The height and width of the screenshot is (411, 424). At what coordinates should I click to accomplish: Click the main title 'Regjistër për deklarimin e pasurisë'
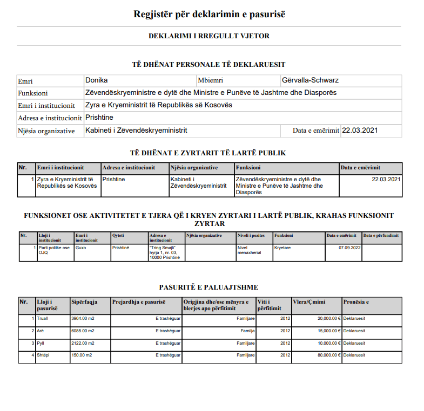[x=209, y=15]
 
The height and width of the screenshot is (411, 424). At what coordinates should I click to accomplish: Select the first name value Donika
[x=97, y=80]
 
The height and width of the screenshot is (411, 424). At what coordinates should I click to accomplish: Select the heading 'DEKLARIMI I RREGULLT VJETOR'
[x=209, y=36]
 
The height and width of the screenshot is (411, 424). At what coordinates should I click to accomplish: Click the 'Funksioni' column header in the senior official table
[x=248, y=168]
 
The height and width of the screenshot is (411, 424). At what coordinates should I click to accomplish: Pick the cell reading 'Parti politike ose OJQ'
[x=54, y=250]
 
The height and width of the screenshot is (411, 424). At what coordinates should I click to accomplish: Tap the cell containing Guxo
[x=82, y=247]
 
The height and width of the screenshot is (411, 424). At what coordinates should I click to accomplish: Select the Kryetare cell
[x=282, y=247]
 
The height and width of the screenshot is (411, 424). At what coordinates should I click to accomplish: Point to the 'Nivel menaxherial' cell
[x=248, y=250]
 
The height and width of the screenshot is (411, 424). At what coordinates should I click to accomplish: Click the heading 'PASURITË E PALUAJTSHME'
[x=208, y=287]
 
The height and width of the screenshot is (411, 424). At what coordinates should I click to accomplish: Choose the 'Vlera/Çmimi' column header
[x=308, y=302]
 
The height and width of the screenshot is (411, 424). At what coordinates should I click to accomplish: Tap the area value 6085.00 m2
[x=83, y=330]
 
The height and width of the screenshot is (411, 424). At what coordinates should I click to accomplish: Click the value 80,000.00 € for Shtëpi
[x=328, y=355]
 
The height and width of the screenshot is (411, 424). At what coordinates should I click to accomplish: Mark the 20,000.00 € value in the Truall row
[x=328, y=318]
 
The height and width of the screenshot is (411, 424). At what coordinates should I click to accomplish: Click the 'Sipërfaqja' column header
[x=84, y=302]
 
